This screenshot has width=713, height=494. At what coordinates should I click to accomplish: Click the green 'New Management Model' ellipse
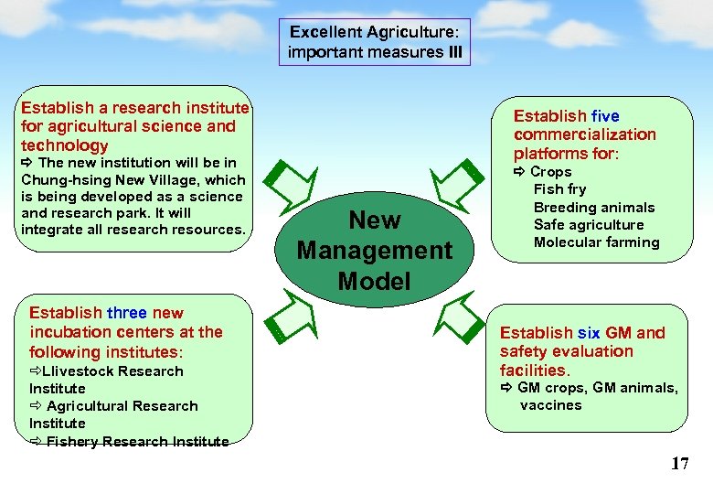375,250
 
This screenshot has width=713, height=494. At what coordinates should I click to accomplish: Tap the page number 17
679,464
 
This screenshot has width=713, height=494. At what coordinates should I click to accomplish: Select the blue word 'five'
605,116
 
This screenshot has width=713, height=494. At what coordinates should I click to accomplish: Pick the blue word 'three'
127,313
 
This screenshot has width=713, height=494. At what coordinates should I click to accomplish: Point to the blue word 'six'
589,333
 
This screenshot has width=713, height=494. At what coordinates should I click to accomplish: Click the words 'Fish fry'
559,189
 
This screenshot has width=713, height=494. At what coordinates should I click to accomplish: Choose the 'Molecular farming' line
596,242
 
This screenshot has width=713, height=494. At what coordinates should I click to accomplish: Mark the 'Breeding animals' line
594,207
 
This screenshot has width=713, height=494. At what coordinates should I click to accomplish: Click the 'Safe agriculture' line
589,225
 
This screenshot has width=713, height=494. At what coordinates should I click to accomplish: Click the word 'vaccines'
550,405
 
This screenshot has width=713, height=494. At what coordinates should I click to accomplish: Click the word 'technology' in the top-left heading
64,145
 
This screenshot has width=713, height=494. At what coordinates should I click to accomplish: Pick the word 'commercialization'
585,134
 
